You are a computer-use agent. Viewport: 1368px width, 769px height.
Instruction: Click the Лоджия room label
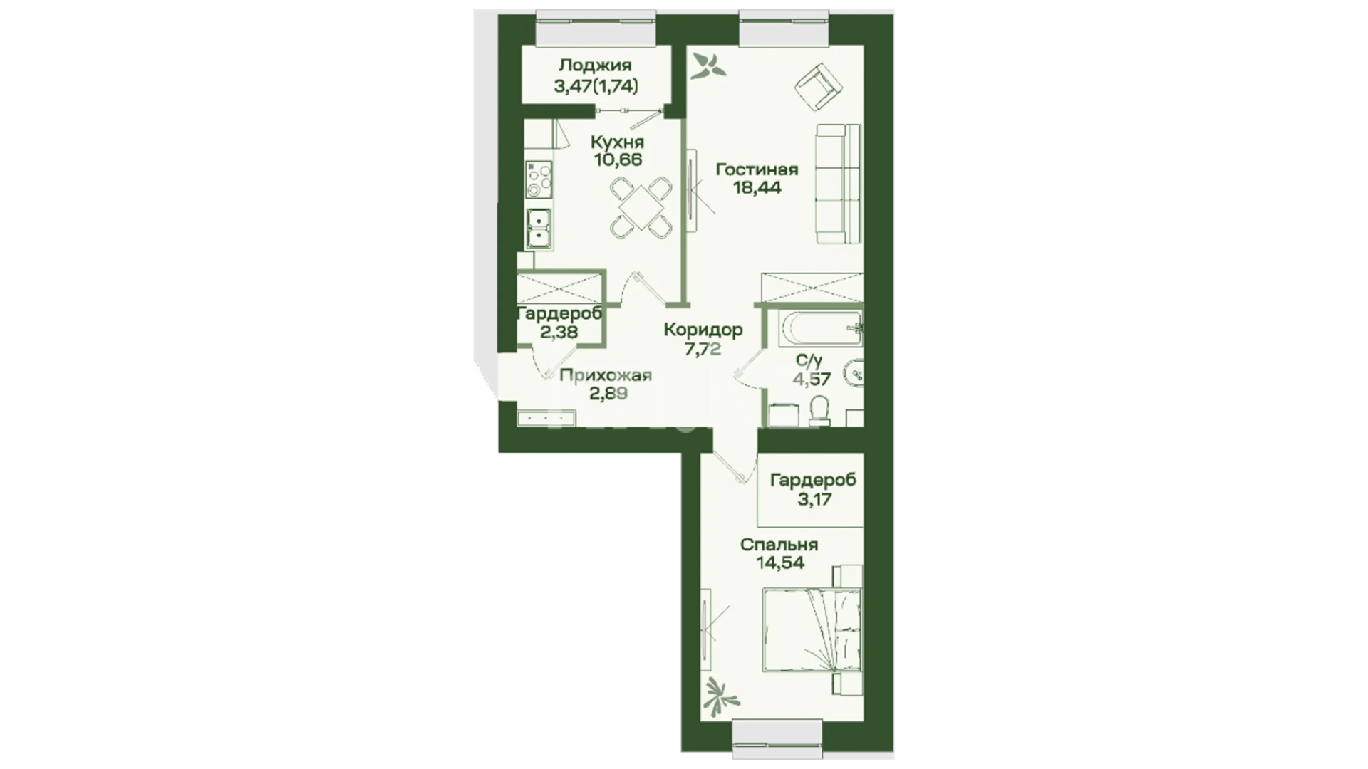[x=595, y=66]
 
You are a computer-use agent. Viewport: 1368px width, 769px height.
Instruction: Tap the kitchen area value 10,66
[x=618, y=159]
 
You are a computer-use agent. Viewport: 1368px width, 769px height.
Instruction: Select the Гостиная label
[x=757, y=169]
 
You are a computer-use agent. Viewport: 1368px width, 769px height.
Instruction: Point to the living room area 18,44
[x=757, y=187]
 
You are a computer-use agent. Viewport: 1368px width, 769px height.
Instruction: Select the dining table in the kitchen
[x=641, y=207]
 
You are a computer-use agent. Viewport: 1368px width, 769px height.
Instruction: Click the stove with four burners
[x=539, y=179]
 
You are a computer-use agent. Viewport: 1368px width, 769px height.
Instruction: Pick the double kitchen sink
[x=539, y=229]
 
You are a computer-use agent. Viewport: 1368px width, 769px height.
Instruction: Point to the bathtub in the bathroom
[x=821, y=328]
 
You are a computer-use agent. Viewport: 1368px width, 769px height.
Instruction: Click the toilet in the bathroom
[x=819, y=411]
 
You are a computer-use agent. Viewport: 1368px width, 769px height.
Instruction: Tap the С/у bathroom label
[x=812, y=360]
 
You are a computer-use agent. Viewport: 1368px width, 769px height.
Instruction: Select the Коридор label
[x=703, y=330]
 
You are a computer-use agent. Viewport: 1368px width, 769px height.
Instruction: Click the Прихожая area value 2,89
[x=608, y=393]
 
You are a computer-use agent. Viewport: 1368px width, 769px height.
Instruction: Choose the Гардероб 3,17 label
[x=814, y=489]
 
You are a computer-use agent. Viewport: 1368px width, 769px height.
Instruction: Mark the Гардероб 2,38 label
[x=559, y=323]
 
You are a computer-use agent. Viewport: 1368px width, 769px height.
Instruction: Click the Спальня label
[x=779, y=545]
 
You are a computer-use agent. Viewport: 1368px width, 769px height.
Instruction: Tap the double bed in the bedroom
[x=812, y=629]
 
